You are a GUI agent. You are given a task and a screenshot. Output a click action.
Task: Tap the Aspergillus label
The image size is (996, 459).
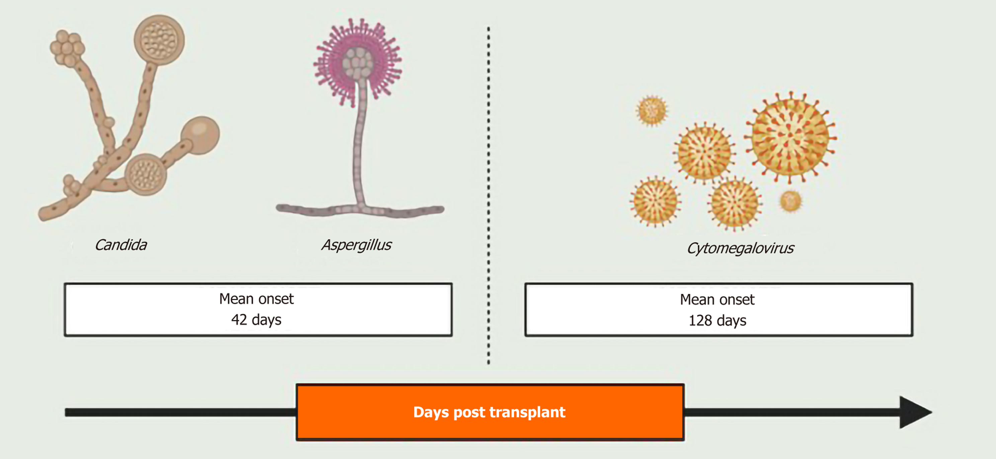356,245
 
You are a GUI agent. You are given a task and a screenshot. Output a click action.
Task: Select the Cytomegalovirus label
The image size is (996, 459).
740,248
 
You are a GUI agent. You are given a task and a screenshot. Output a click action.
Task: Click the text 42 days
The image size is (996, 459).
256,320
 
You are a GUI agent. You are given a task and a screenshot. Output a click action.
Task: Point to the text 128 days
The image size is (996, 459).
717,321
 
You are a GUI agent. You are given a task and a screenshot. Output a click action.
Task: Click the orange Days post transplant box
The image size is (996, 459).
490,412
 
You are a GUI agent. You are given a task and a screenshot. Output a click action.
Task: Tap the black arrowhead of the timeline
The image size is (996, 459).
914,412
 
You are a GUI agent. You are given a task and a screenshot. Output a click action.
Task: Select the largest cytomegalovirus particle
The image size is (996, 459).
790,136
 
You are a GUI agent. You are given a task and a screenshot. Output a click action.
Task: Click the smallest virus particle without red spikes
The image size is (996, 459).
791,201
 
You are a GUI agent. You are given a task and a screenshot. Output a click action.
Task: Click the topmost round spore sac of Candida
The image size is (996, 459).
159,40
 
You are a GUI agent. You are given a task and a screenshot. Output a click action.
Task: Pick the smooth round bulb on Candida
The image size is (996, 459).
200,135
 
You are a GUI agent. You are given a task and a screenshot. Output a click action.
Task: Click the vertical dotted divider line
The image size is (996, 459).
488,193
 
